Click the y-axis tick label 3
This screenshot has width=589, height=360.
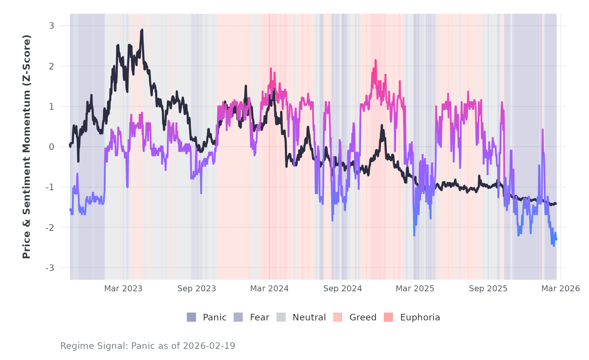[51, 26]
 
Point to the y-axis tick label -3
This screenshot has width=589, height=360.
[50, 268]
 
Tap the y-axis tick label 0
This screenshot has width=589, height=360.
[51, 147]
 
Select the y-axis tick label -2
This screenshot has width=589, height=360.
[50, 228]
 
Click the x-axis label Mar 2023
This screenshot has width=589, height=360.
[123, 289]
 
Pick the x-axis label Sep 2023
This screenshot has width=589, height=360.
[197, 289]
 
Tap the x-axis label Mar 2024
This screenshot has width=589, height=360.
[269, 289]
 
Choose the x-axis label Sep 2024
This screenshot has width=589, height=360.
[343, 289]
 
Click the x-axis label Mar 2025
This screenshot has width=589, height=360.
[415, 289]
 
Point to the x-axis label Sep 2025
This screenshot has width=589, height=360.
[488, 289]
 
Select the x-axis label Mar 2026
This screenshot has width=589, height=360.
[561, 289]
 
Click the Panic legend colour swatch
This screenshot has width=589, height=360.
[191, 317]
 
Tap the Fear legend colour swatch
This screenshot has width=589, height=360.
[238, 317]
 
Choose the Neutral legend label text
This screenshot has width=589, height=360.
[309, 317]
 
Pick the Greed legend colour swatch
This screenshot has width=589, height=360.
[338, 317]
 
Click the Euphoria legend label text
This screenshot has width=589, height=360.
[420, 317]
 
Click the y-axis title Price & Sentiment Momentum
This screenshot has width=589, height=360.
[27, 147]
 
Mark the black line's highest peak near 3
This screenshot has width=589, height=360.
[142, 30]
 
